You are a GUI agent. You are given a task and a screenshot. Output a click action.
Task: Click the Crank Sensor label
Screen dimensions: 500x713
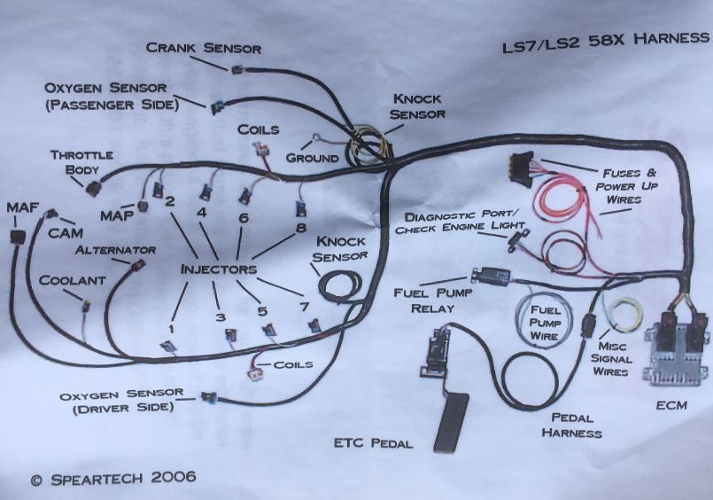coord(203,47)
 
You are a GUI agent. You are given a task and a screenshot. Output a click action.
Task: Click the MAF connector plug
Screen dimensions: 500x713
coord(16,238)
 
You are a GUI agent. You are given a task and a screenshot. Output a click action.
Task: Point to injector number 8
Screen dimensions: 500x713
coord(300,210)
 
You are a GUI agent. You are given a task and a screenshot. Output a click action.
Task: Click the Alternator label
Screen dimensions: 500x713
coord(115,250)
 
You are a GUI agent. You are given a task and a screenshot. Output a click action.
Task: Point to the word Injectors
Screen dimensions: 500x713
coord(218,268)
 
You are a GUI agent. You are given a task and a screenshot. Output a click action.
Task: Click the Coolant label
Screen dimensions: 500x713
coord(72,279)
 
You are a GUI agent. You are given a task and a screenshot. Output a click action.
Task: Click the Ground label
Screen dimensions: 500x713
coord(312,158)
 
